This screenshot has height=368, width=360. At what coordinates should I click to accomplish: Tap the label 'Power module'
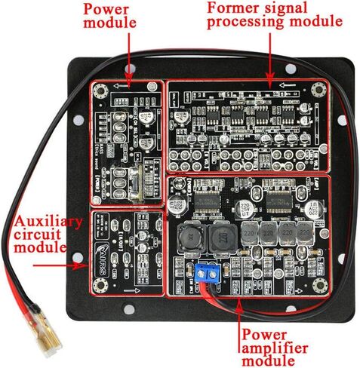(x=109, y=15)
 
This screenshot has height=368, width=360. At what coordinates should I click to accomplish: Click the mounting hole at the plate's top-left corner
(x=78, y=66)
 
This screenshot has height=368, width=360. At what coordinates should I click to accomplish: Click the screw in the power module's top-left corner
(x=100, y=90)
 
